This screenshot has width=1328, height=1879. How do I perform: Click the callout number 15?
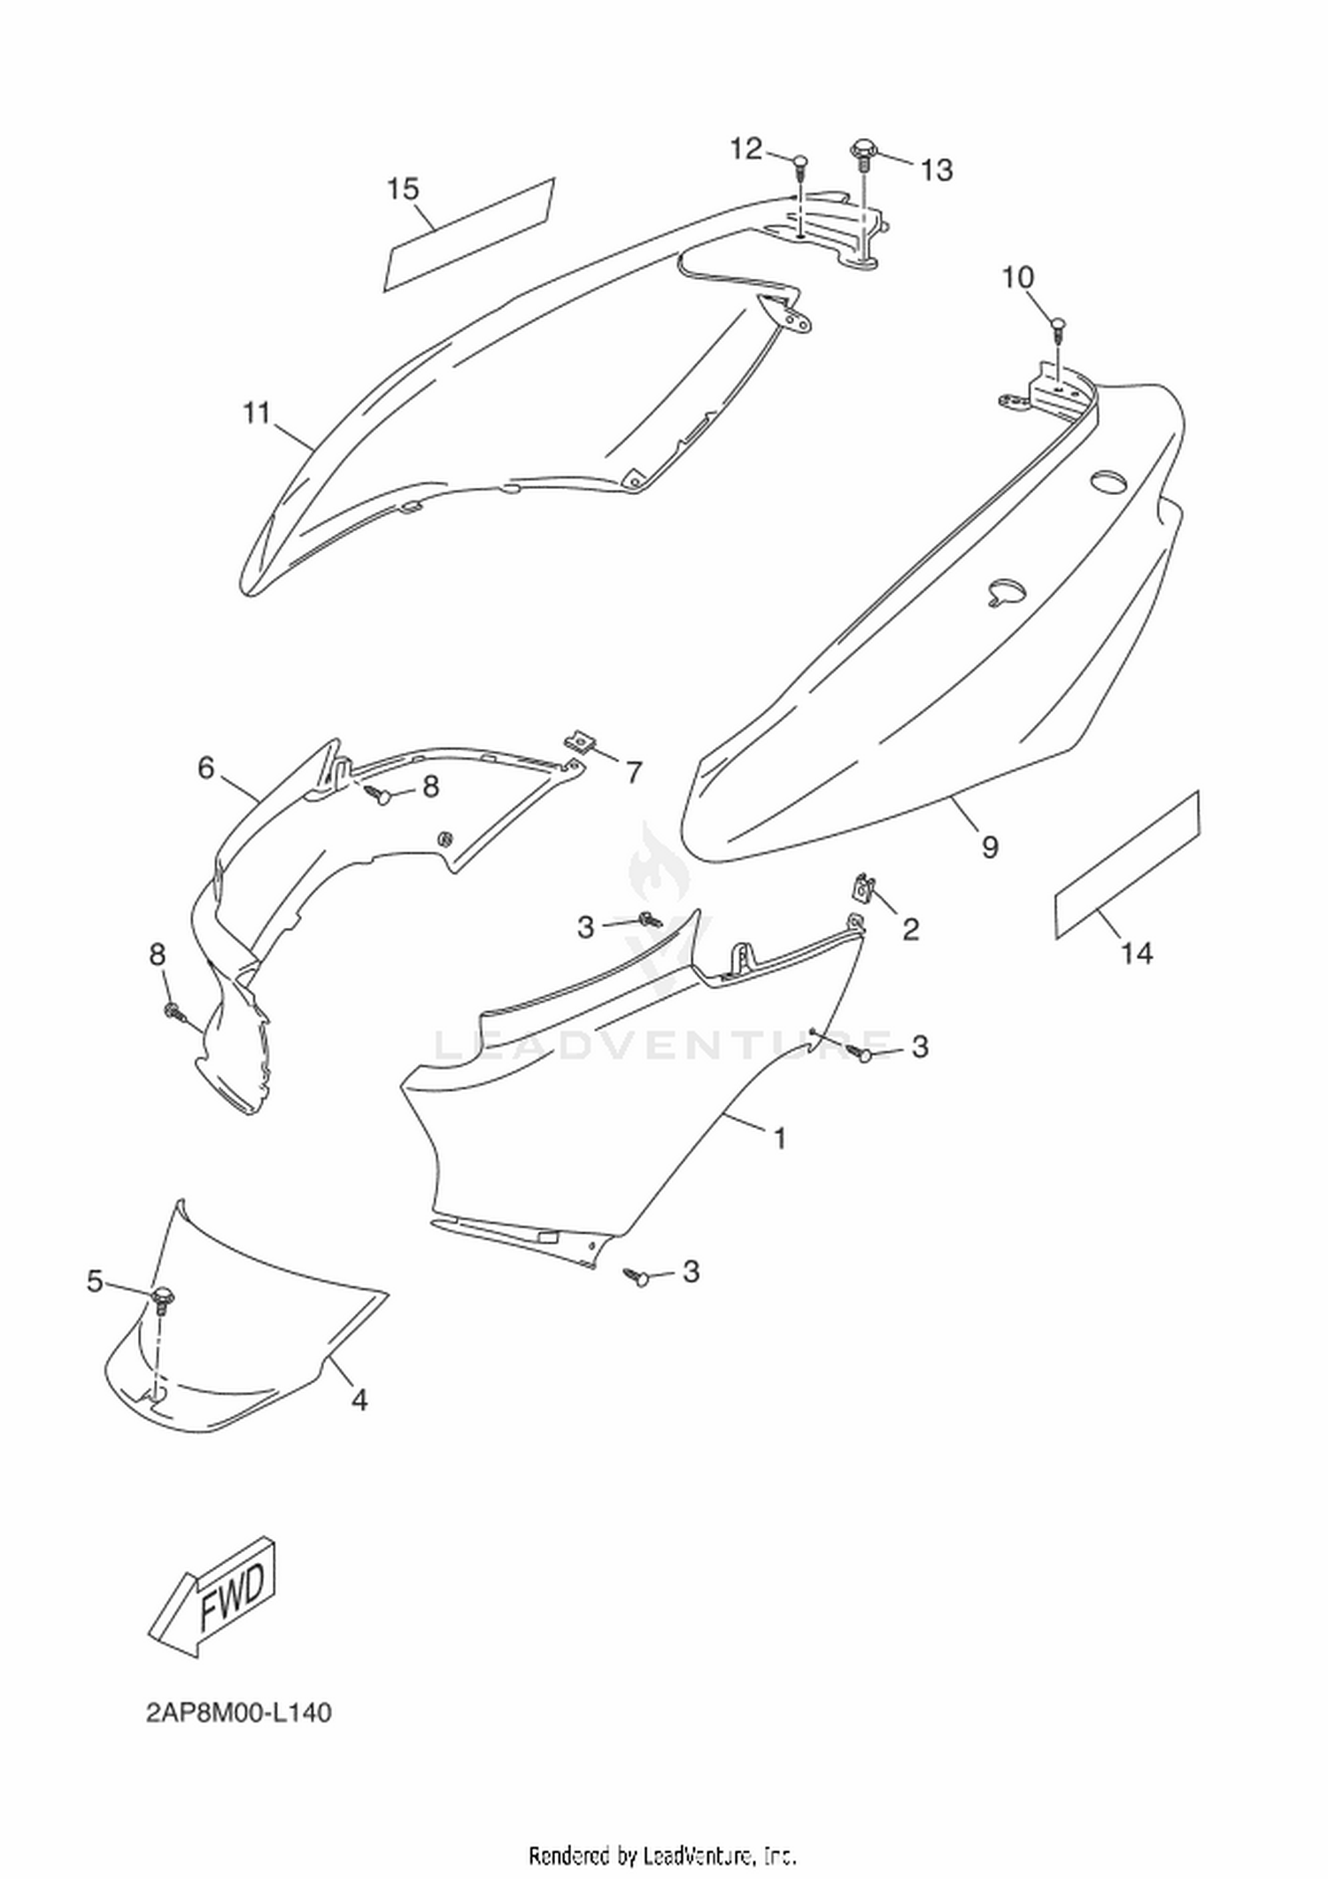pos(403,189)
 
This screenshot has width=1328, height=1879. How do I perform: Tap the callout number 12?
pos(745,149)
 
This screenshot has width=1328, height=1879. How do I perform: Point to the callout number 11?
pos(257,413)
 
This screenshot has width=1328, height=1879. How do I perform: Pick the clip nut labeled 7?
pos(581,740)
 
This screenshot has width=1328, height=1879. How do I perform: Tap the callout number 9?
pos(990,847)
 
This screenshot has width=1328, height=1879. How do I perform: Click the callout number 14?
pos(1138,953)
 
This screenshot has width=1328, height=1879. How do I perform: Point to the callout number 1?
pos(780,1138)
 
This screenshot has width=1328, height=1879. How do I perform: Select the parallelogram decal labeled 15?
pos(468,235)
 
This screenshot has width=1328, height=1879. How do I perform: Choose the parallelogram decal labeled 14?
pos(1127,865)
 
